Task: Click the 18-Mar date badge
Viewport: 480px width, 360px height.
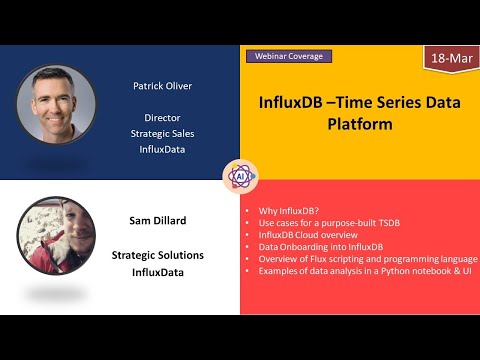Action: coord(451,60)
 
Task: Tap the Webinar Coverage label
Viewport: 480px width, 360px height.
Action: coord(287,56)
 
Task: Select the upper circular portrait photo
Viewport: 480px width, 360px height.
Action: coord(56,106)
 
